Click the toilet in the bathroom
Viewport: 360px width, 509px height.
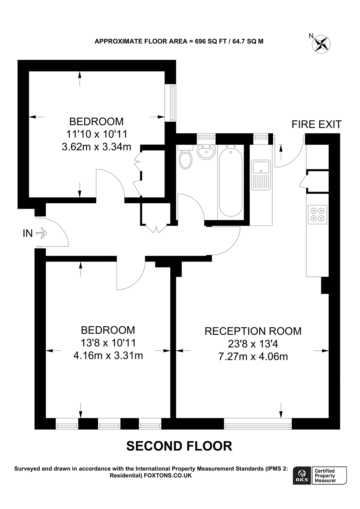click(x=186, y=159)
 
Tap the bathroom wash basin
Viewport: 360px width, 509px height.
click(x=206, y=152)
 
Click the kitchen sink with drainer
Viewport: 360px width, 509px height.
click(x=261, y=175)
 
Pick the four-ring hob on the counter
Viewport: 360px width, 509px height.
click(x=317, y=214)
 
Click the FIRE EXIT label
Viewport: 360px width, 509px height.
click(x=316, y=124)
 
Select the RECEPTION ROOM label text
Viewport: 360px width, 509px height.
click(x=253, y=331)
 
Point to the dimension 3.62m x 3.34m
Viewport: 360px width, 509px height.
click(x=97, y=147)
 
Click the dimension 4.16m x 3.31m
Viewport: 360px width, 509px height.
click(x=108, y=355)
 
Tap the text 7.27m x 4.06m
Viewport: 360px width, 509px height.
click(x=253, y=356)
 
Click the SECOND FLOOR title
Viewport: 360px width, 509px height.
click(x=179, y=446)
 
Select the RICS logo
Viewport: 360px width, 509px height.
click(x=302, y=476)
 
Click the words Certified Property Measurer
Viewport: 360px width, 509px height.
click(x=325, y=476)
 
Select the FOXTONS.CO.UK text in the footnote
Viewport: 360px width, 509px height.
click(x=168, y=475)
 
